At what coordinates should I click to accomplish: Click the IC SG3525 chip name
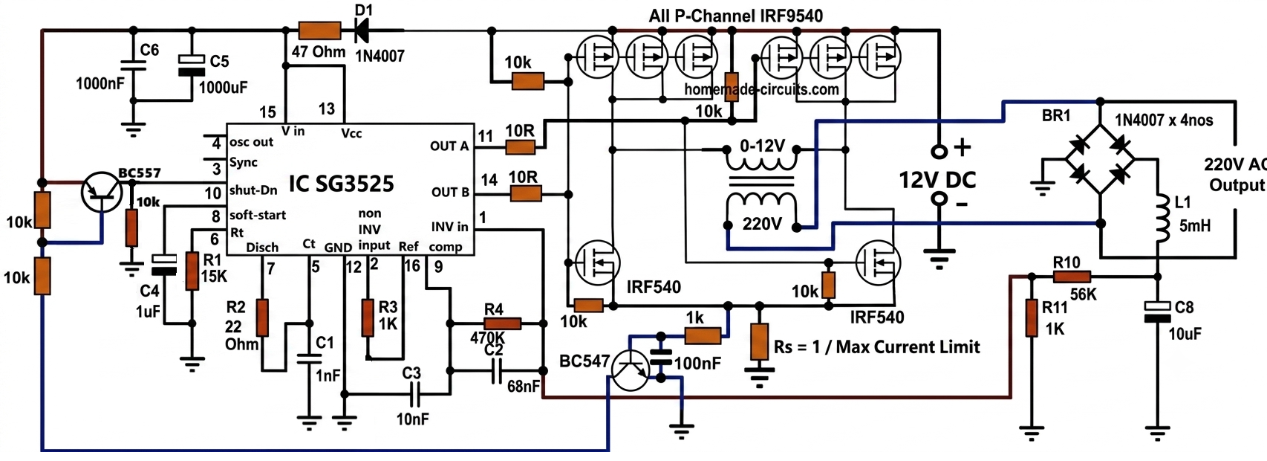click(341, 184)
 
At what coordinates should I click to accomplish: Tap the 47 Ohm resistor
click(319, 30)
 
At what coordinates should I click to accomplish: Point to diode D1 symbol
click(362, 30)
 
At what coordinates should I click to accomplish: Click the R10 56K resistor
click(1071, 277)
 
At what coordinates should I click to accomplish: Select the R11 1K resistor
click(1032, 317)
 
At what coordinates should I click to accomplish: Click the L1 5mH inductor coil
click(1159, 220)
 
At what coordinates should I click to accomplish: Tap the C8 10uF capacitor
click(1157, 312)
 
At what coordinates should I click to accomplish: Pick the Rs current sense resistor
click(759, 341)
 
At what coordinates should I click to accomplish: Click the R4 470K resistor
click(502, 323)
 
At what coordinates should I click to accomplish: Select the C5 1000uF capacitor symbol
click(192, 65)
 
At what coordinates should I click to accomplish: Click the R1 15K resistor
click(192, 271)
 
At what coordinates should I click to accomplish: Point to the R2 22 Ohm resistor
click(262, 317)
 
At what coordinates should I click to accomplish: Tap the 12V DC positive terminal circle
click(939, 151)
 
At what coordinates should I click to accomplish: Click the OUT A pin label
click(449, 146)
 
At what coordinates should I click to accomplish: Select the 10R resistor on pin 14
click(526, 194)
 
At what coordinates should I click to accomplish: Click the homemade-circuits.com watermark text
click(761, 89)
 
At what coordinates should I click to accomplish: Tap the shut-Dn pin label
click(253, 190)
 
